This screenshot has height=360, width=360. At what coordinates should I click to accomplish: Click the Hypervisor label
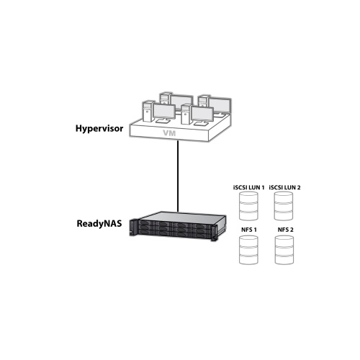[99, 129]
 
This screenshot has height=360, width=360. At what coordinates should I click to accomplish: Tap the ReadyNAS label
[99, 224]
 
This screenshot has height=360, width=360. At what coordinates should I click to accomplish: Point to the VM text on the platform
[169, 133]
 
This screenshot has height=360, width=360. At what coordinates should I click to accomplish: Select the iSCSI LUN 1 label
[248, 187]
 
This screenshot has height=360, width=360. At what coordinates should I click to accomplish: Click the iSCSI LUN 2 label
[284, 187]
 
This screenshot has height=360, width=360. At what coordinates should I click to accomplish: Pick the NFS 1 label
[249, 230]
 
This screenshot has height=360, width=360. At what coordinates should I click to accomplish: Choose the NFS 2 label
[285, 230]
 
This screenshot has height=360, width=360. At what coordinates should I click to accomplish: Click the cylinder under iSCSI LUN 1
[248, 206]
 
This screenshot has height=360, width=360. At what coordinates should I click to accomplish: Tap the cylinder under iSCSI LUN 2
[284, 206]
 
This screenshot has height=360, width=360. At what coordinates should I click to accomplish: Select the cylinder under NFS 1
[248, 250]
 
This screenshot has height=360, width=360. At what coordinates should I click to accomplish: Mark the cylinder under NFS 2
[284, 250]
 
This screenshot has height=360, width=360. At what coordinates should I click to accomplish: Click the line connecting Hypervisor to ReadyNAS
[178, 176]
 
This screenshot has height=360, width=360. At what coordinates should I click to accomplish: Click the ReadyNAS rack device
[178, 226]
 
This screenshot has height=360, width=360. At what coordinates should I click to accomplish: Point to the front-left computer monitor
[164, 112]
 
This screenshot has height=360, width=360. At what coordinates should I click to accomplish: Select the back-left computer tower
[166, 99]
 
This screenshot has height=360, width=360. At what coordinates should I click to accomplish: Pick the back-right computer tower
[204, 102]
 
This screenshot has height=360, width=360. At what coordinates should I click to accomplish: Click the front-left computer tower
[148, 112]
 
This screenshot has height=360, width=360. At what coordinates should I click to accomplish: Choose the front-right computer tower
[186, 114]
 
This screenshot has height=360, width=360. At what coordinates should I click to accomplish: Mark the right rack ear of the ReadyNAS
[214, 233]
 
